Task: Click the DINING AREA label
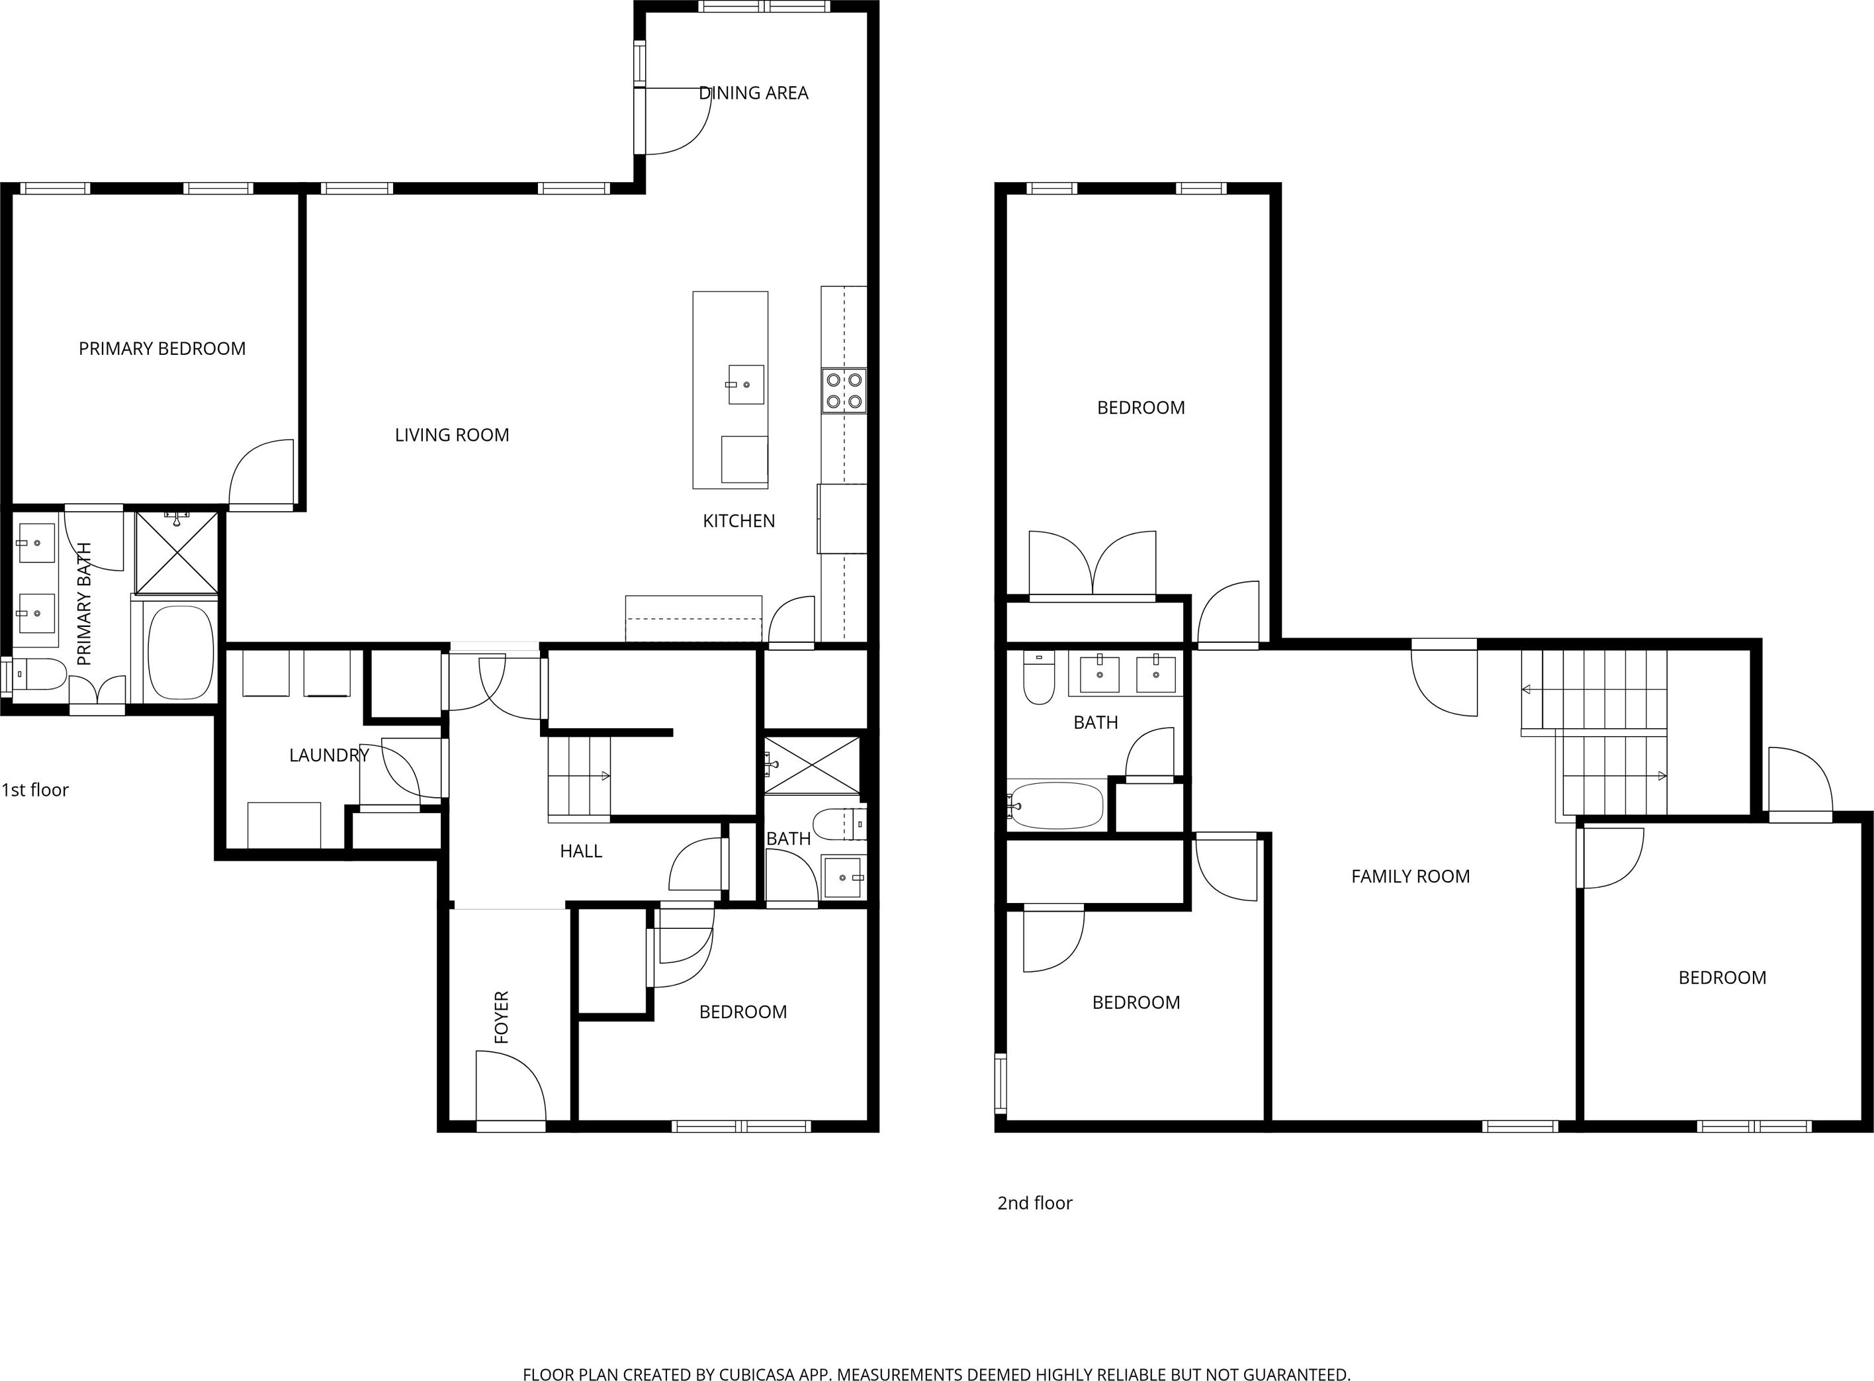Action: click(753, 93)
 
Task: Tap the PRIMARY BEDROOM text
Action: click(162, 349)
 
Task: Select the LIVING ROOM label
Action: click(452, 435)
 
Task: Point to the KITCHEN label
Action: click(738, 521)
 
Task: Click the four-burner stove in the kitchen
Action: click(844, 391)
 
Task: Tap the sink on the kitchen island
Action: click(746, 385)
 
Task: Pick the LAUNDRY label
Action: click(329, 755)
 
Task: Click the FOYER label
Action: click(502, 1018)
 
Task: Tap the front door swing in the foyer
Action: click(510, 1085)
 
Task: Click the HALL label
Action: click(581, 851)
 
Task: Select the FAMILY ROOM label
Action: click(1410, 876)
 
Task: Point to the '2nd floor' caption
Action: click(1034, 1203)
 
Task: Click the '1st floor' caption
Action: click(35, 790)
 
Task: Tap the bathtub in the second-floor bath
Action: click(1056, 806)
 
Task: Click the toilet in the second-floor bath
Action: click(1038, 678)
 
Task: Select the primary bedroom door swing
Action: click(261, 472)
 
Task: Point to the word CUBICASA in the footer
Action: click(736, 1374)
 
